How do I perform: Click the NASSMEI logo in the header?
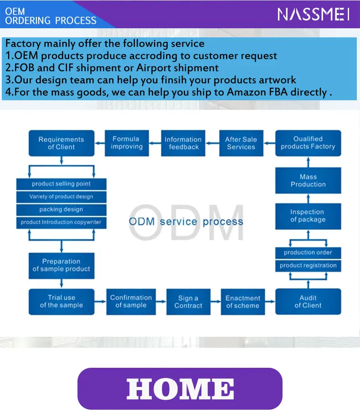click(314, 14)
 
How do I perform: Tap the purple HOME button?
click(180, 389)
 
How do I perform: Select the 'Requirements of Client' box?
click(62, 143)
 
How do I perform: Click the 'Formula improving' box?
click(127, 143)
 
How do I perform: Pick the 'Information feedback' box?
click(183, 143)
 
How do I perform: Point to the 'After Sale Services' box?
click(241, 143)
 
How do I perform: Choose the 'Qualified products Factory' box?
click(308, 143)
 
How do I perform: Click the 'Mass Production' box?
click(308, 180)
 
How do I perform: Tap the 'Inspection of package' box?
click(308, 216)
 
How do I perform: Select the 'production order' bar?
click(308, 252)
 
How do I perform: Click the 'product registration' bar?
click(308, 265)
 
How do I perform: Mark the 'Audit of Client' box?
click(308, 302)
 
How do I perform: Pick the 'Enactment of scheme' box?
click(243, 302)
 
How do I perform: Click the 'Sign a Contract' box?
click(188, 302)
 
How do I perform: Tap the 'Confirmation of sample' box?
click(131, 302)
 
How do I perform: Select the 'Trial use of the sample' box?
click(62, 302)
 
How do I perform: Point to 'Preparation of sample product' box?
click(62, 265)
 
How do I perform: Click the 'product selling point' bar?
click(62, 184)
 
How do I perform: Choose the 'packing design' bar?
click(62, 210)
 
